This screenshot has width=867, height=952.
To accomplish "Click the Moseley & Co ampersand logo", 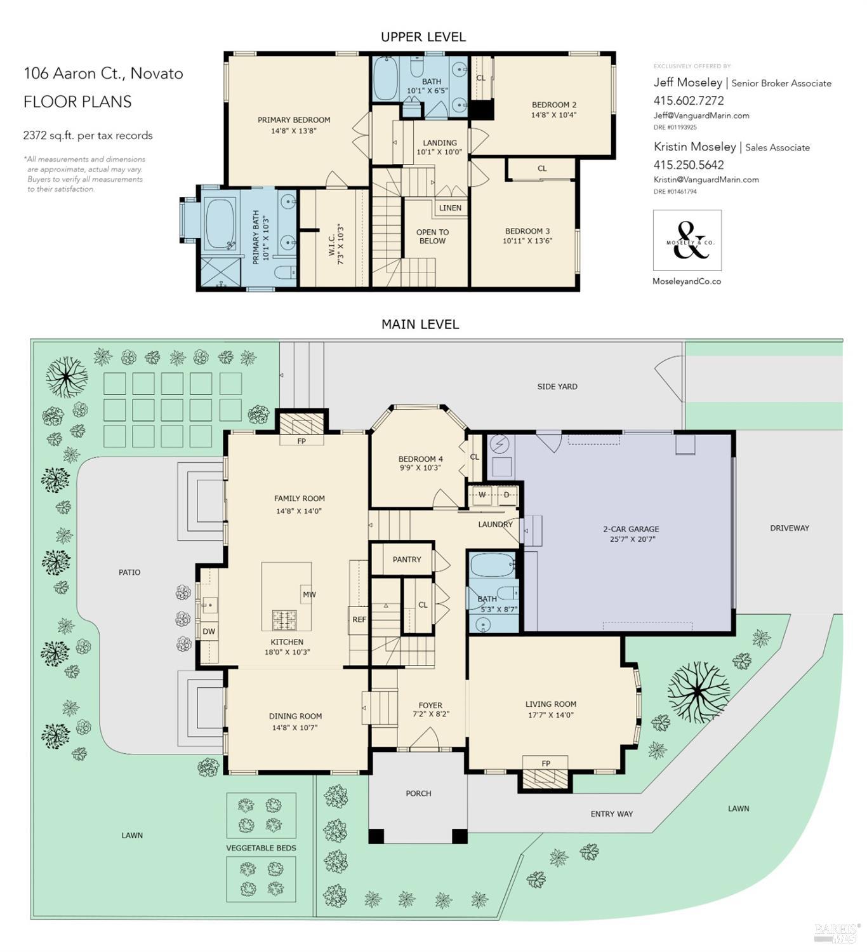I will [x=687, y=241].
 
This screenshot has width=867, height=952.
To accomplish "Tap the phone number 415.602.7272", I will [x=689, y=100].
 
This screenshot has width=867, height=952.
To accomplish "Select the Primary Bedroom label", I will [x=294, y=120].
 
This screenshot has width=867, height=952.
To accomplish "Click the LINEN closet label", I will [x=450, y=208].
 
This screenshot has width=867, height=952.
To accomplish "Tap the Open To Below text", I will [x=432, y=236].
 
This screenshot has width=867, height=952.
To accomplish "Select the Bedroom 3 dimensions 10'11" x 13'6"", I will [x=527, y=241].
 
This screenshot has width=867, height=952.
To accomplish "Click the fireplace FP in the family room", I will [x=301, y=440].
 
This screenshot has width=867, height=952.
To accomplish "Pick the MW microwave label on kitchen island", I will [x=309, y=594].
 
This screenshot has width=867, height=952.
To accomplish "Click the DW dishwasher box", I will [x=209, y=631].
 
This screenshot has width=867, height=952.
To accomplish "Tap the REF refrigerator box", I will [x=359, y=619].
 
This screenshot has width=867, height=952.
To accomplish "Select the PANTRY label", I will [x=407, y=560].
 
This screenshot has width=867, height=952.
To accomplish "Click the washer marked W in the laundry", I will [x=482, y=495].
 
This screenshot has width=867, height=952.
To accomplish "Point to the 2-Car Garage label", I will [x=631, y=529].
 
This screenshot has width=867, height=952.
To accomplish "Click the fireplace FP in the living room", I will [x=546, y=763].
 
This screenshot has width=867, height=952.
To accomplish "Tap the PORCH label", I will [x=418, y=793].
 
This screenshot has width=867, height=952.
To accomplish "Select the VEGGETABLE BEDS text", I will [x=261, y=848].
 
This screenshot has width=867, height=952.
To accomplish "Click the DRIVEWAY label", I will [x=790, y=528].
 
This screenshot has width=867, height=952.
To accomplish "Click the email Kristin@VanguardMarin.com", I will [x=706, y=180].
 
